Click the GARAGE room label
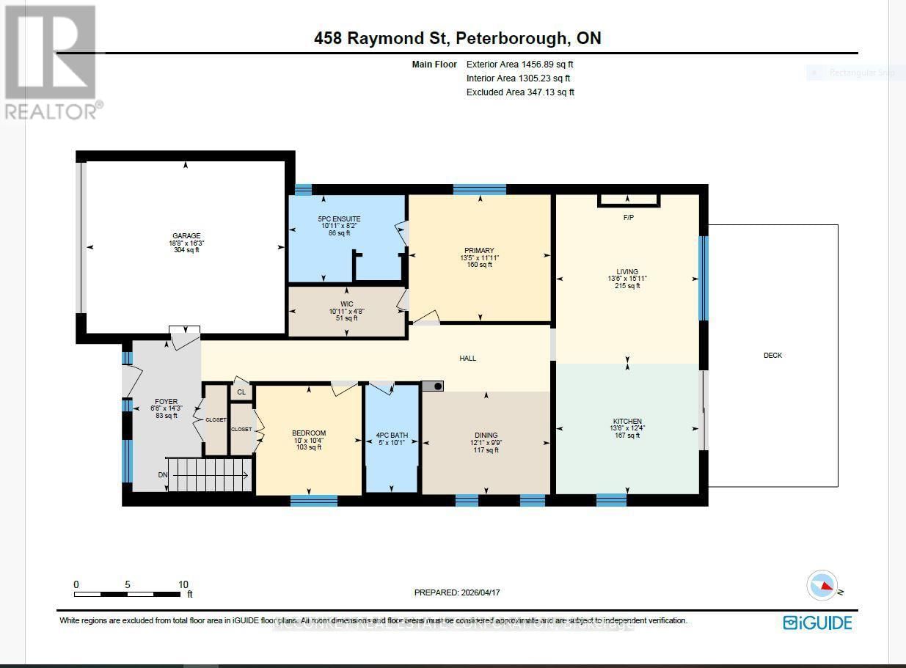[x=186, y=236]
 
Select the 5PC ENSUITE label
[x=339, y=219]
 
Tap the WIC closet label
[x=347, y=304]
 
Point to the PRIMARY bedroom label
[x=479, y=251]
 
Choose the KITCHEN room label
[x=627, y=422]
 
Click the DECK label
[x=772, y=356]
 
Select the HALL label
[x=468, y=359]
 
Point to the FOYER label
[x=167, y=402]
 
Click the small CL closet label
[x=241, y=392]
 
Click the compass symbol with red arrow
[x=822, y=586]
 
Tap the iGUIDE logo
[x=817, y=623]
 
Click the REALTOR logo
[x=51, y=62]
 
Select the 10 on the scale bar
[x=183, y=584]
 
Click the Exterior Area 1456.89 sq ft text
[x=519, y=65]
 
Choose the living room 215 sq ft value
[x=627, y=286]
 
